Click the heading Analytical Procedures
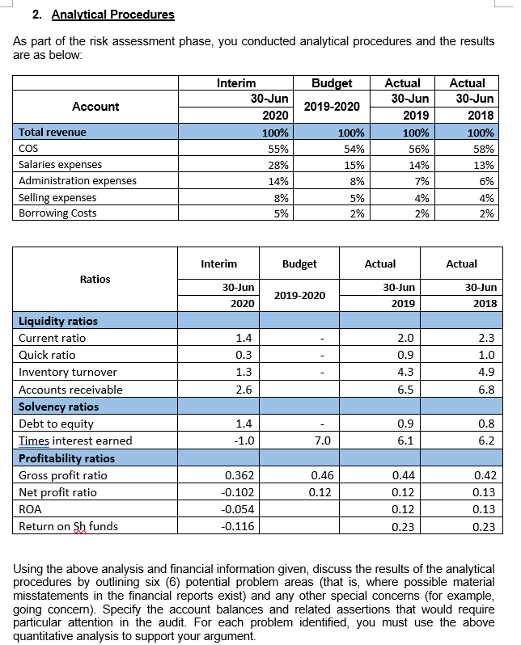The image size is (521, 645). click(112, 15)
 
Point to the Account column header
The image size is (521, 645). click(95, 107)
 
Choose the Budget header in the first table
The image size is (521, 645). click(332, 82)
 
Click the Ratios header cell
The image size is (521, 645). click(95, 279)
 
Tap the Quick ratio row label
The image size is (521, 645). click(47, 355)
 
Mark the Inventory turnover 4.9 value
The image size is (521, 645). click(489, 372)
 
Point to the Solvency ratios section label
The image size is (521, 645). click(58, 407)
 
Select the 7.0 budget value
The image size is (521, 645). click(321, 441)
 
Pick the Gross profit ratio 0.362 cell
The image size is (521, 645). click(239, 475)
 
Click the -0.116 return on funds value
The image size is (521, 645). click(239, 526)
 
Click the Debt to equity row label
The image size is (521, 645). click(56, 424)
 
